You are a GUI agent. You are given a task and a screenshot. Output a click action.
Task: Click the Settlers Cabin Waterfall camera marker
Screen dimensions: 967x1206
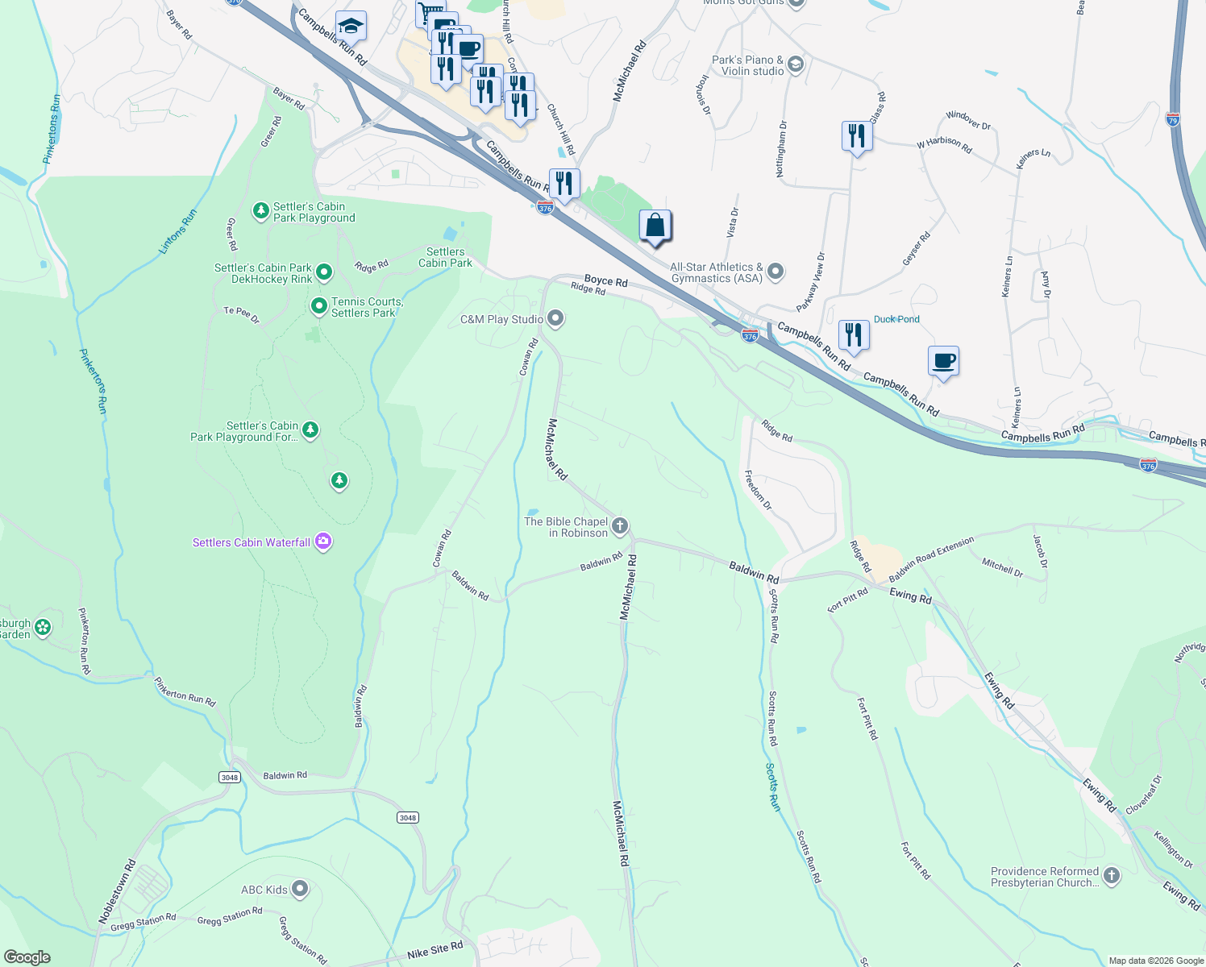point(323,542)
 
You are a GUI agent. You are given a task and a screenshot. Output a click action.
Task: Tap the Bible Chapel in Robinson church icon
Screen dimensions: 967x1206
point(619,527)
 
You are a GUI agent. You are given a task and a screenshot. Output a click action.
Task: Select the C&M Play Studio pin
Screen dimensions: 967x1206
point(555,319)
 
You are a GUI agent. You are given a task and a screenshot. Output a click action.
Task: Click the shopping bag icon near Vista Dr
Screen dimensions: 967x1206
point(655,226)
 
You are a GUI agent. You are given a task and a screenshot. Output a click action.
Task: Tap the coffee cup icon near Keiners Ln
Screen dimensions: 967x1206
point(943,362)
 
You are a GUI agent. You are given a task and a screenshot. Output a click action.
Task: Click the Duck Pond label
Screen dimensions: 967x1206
point(896,319)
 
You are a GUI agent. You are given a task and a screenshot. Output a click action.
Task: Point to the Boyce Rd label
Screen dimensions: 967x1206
point(605,280)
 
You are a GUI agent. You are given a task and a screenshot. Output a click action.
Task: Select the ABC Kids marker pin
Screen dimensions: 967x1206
point(300,890)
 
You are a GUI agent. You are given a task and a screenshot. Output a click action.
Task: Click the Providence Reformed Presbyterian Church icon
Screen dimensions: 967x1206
point(1112,876)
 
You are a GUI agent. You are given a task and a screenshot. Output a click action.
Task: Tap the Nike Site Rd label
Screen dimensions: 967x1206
point(435,951)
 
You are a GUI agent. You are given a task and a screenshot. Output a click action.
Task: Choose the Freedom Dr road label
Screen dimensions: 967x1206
point(758,491)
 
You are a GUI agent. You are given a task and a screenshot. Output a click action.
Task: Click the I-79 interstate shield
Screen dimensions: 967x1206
point(1173,120)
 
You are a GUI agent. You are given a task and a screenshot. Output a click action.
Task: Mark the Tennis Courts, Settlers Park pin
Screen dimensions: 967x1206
point(318,306)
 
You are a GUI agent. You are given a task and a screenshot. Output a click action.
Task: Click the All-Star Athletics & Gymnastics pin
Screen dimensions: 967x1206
point(776,272)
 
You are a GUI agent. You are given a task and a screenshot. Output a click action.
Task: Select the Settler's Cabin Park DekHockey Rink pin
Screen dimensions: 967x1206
point(324,273)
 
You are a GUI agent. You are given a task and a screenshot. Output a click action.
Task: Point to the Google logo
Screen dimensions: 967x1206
point(27,957)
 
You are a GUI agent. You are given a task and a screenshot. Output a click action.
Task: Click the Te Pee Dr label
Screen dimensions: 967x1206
point(242,315)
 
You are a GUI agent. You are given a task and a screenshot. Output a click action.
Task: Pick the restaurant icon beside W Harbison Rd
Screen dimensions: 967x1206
point(856,136)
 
